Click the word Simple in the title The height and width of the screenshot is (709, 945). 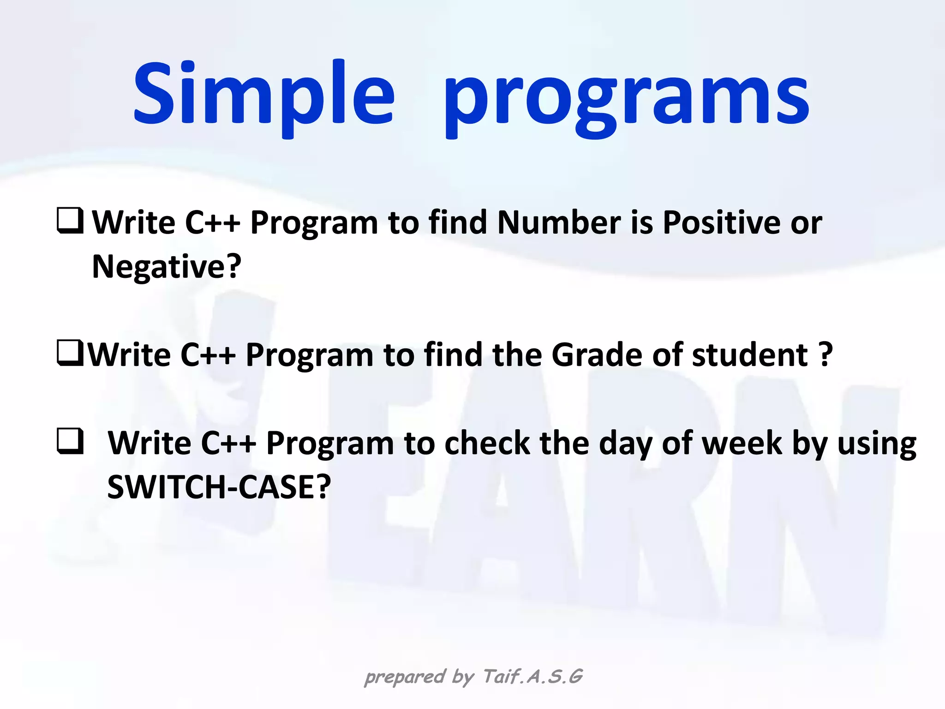pyautogui.click(x=263, y=95)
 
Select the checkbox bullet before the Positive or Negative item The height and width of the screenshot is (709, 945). pyautogui.click(x=70, y=221)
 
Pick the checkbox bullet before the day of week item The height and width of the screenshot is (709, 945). pyautogui.click(x=70, y=441)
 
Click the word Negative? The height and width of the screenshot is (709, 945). pyautogui.click(x=167, y=267)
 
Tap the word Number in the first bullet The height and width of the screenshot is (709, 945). pyautogui.click(x=559, y=223)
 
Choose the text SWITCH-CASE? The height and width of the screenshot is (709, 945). pyautogui.click(x=219, y=487)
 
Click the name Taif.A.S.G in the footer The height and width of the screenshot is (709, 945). pyautogui.click(x=533, y=677)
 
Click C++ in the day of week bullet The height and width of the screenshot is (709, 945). pyautogui.click(x=228, y=444)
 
